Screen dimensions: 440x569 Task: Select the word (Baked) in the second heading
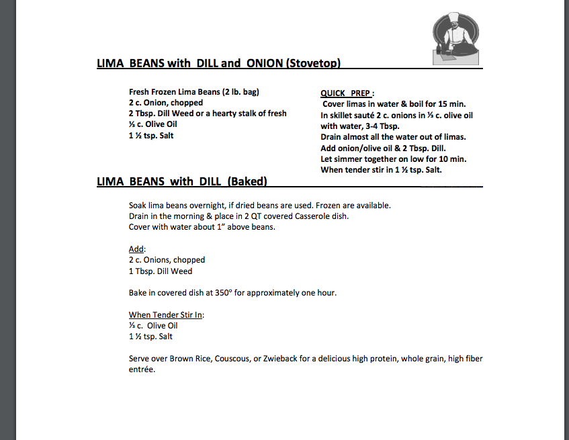pos(247,181)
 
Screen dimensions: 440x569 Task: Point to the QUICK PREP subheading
pos(347,93)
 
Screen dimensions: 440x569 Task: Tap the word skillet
pos(342,115)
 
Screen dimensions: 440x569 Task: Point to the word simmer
pos(349,159)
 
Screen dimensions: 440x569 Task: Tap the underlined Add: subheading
pos(137,249)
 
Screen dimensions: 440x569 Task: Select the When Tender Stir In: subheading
pos(167,315)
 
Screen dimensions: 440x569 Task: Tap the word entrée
pos(142,369)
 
